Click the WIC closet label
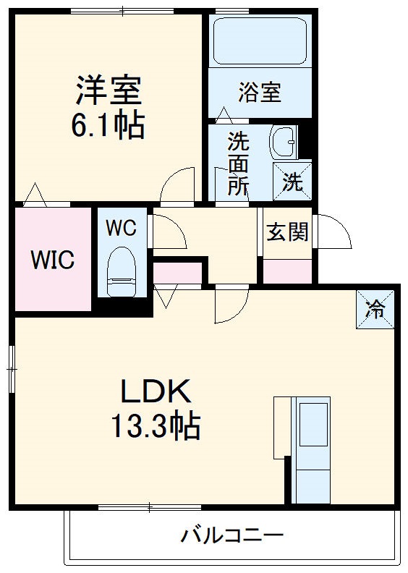pyautogui.click(x=52, y=260)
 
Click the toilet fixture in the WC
pyautogui.click(x=122, y=272)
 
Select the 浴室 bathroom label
pyautogui.click(x=260, y=93)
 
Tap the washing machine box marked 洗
pyautogui.click(x=292, y=181)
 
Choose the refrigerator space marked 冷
pyautogui.click(x=375, y=309)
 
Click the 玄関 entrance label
pyautogui.click(x=287, y=232)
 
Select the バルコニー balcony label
pyautogui.click(x=231, y=536)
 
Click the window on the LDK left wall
pyautogui.click(x=12, y=368)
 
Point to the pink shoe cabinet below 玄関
pyautogui.click(x=287, y=271)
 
